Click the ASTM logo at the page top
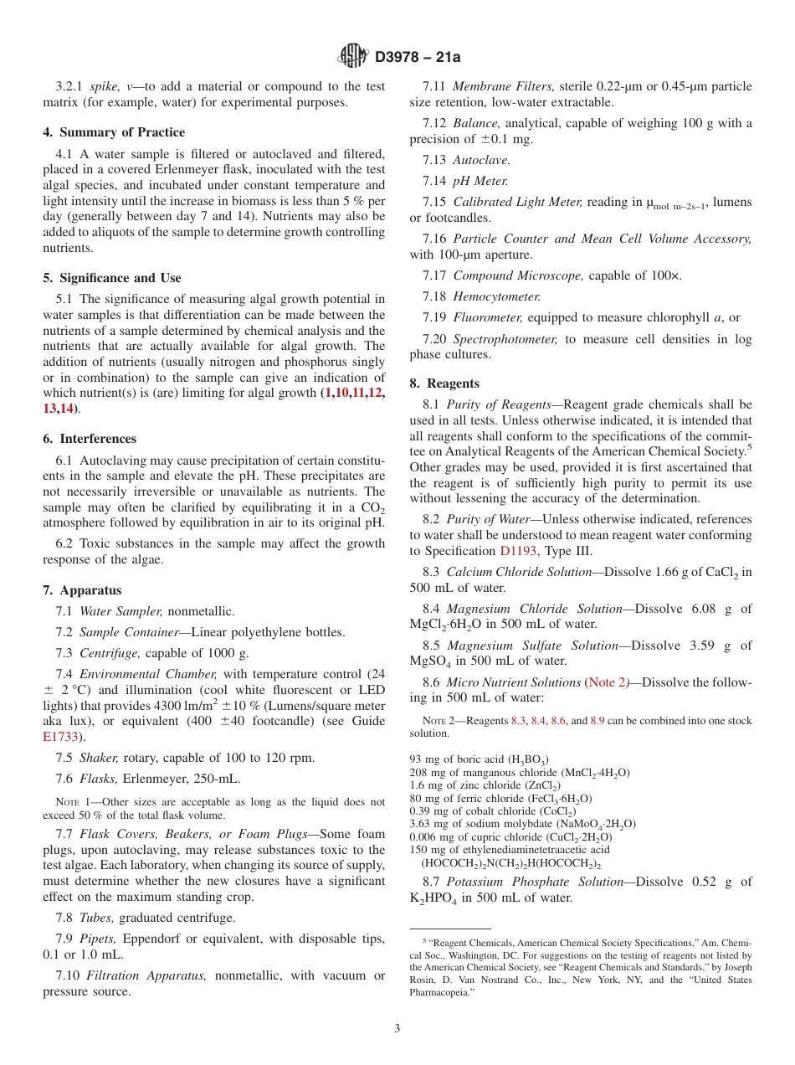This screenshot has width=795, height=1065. pyautogui.click(x=352, y=57)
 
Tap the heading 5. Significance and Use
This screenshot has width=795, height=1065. pyautogui.click(x=112, y=278)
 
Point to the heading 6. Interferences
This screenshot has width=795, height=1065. pyautogui.click(x=90, y=439)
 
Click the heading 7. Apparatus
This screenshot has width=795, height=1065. pyautogui.click(x=82, y=590)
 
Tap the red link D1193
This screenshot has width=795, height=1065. pyautogui.click(x=518, y=551)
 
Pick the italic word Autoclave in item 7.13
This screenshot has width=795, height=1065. pyautogui.click(x=481, y=160)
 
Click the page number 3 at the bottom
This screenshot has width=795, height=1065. pyautogui.click(x=397, y=1028)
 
